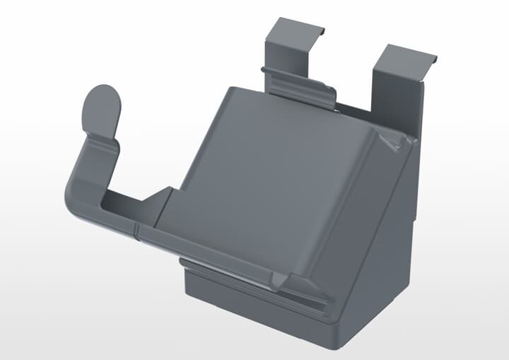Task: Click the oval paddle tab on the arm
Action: tap(102, 110)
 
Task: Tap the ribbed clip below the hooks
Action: tap(300, 86)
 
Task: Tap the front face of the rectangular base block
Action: tap(247, 297)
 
